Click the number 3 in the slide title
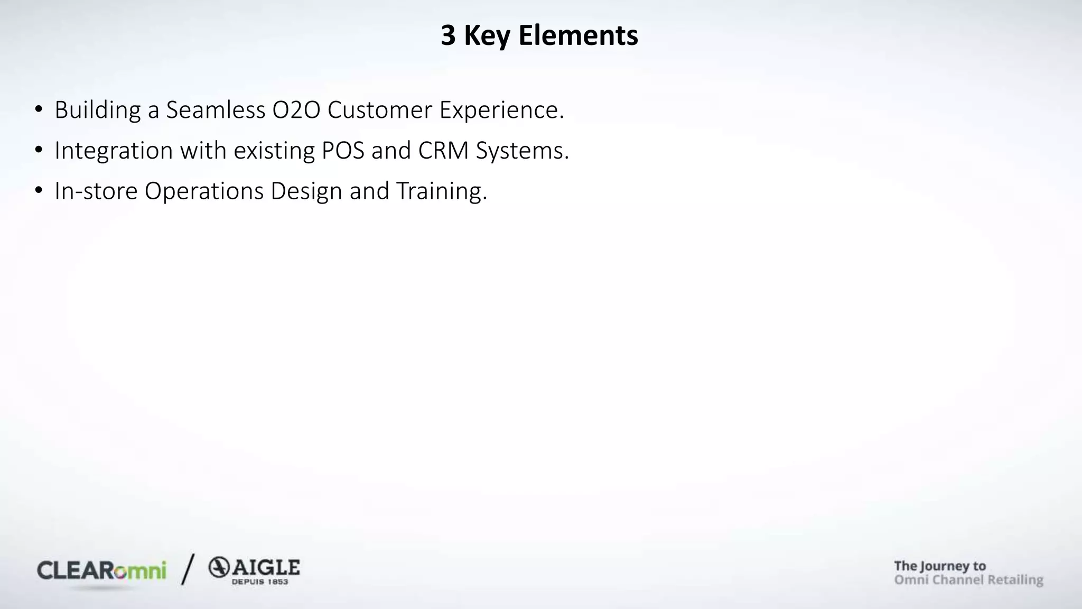pos(448,36)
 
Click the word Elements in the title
pos(578,36)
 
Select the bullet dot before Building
pos(39,109)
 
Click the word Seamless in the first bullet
pos(216,110)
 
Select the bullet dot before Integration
pos(39,150)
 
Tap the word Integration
pos(114,151)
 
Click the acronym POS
pos(343,151)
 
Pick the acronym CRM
pos(443,151)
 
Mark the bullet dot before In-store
pos(39,190)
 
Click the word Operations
pos(204,191)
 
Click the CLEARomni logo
pos(101,571)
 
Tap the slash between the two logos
pos(188,569)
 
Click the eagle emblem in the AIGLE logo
pos(219,568)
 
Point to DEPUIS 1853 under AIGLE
pos(260,582)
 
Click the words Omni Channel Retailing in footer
pos(968,580)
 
